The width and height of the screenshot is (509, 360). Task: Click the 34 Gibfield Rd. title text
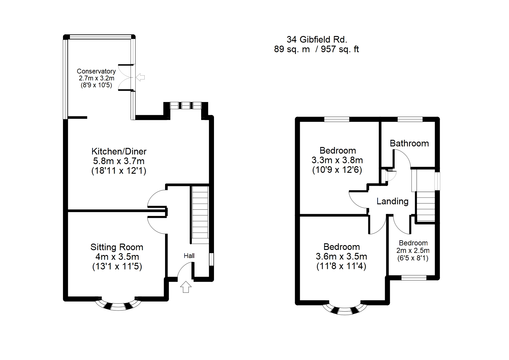point(317,39)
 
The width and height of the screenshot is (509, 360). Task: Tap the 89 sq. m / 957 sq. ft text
point(316,49)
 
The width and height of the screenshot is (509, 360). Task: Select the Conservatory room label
point(96,71)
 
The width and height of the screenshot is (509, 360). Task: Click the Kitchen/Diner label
point(119,151)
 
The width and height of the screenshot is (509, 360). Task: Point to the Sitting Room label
point(117,247)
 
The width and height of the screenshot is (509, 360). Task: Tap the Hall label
point(189,256)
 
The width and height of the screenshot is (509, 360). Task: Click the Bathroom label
point(409,143)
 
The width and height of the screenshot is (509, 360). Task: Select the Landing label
point(392,201)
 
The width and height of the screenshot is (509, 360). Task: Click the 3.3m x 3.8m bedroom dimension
point(337,160)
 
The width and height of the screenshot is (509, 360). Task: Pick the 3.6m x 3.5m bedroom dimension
point(341,256)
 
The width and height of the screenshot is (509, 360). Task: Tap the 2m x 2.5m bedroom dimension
point(413,250)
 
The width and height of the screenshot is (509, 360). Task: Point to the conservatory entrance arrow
point(140,77)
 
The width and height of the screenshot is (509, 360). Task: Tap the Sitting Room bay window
point(118,305)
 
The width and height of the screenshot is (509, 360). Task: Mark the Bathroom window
point(410,119)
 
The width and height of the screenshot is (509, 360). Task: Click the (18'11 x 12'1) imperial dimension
point(119,171)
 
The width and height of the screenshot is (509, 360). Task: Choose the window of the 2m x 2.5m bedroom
point(414,278)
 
